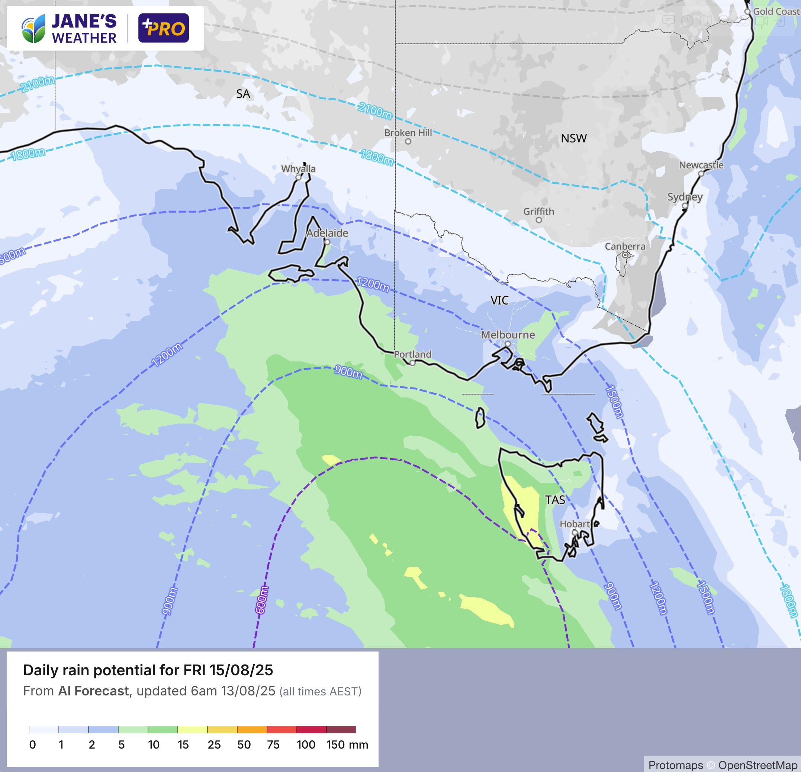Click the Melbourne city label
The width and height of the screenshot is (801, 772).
(508, 335)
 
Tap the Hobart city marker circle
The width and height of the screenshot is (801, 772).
(575, 532)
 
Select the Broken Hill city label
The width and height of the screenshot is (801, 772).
(408, 133)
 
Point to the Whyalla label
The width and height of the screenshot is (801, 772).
(298, 169)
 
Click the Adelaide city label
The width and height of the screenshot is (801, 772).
(327, 233)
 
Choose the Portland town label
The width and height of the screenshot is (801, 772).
(412, 354)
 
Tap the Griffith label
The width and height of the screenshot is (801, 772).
(538, 211)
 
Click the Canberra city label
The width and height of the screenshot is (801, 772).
(625, 247)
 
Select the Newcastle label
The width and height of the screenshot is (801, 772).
(701, 165)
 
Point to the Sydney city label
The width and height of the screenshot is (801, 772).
(685, 197)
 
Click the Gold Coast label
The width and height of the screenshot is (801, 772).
(776, 12)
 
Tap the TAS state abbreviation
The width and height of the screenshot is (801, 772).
(555, 500)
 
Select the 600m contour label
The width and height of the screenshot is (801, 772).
(261, 600)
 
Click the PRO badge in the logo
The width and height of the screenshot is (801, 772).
(164, 28)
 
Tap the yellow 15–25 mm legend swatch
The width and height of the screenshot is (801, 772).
(193, 730)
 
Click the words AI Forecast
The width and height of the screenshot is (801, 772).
(93, 691)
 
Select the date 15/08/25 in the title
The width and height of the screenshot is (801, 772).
(241, 670)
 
